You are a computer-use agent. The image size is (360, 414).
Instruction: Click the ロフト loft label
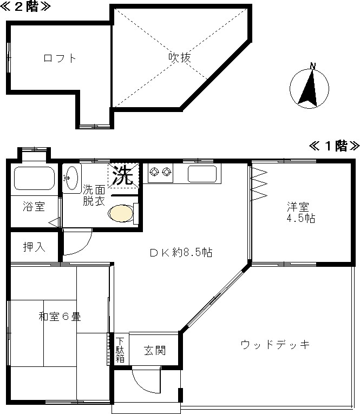click(60, 58)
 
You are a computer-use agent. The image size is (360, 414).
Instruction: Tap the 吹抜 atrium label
click(180, 57)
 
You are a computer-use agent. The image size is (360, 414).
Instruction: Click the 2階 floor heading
click(25, 6)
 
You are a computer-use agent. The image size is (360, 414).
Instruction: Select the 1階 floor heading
click(334, 146)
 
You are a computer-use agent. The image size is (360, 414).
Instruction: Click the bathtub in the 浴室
click(34, 178)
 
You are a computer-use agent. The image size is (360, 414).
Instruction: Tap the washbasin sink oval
click(71, 179)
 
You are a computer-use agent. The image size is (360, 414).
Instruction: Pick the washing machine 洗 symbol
click(123, 175)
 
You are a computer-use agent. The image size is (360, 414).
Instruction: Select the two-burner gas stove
click(160, 173)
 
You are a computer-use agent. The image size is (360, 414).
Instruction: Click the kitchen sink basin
click(202, 174)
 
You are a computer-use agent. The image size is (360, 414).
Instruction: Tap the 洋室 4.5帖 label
click(301, 213)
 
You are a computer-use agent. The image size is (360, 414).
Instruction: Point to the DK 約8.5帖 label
click(181, 253)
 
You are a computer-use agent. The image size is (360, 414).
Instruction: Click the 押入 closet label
click(34, 247)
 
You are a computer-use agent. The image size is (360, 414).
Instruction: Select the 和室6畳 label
click(60, 316)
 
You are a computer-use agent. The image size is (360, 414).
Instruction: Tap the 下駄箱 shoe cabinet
click(120, 350)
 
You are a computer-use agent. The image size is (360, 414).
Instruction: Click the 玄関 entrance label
click(155, 350)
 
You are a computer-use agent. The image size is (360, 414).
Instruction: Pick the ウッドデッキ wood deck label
click(275, 345)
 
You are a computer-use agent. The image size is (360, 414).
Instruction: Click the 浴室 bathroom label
click(34, 207)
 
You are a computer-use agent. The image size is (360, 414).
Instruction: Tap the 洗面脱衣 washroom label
click(94, 195)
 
